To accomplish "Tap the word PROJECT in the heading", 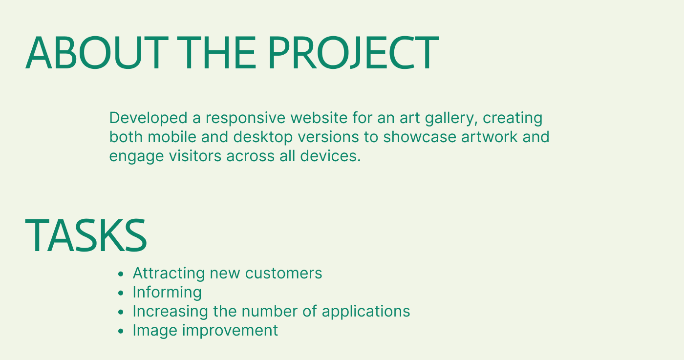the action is [x=353, y=53].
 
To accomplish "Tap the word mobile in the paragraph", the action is [x=172, y=137].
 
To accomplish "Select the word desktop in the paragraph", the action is [x=263, y=137].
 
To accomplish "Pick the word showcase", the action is [x=420, y=137].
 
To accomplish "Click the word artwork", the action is [x=489, y=137].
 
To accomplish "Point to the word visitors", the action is [x=195, y=156].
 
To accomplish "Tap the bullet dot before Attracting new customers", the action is [x=121, y=274].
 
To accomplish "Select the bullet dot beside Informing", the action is [x=121, y=293].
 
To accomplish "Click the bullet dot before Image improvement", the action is [x=121, y=331].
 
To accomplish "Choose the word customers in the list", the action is [x=283, y=273].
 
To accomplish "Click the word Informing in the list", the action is [x=167, y=293].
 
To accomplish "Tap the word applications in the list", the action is [x=366, y=312].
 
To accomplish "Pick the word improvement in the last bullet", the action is [x=230, y=331].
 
